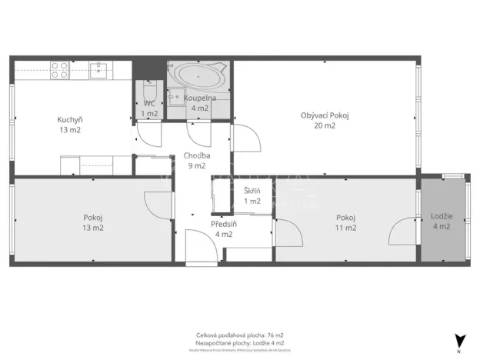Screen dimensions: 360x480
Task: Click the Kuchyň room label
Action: point(68,119)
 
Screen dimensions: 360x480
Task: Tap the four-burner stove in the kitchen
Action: point(60,71)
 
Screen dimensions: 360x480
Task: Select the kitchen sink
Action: point(98,71)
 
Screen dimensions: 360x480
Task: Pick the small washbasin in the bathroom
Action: point(176,96)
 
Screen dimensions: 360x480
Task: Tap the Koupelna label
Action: point(199,98)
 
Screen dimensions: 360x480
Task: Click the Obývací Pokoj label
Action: point(325,115)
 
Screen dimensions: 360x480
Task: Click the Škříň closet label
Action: point(252,191)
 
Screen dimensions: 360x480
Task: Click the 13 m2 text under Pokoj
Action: point(93,228)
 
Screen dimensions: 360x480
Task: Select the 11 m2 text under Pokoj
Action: point(345,228)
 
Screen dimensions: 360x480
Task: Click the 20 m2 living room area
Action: point(325,125)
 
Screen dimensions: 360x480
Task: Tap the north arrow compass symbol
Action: point(460,341)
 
